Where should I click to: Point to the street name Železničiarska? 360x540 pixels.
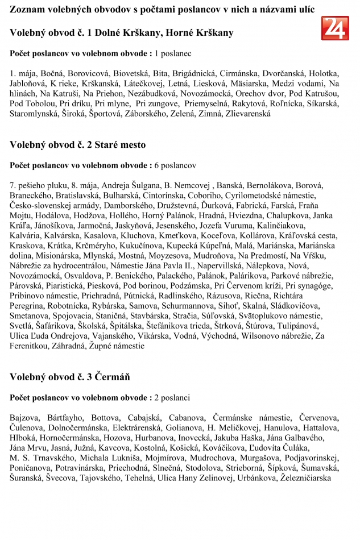pyautogui.click(x=306, y=478)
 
